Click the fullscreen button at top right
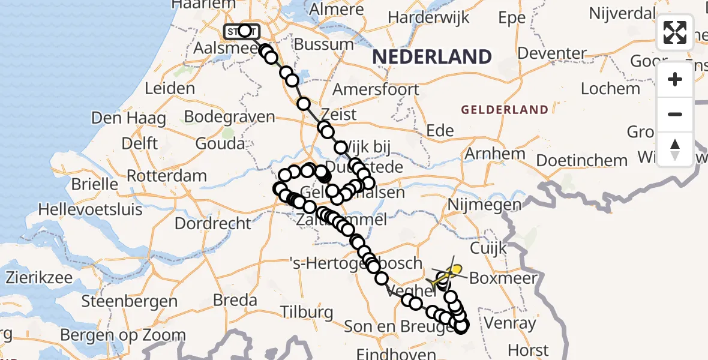(x=675, y=32)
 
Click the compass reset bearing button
(x=675, y=149)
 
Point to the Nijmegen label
(x=484, y=205)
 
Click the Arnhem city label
(x=495, y=154)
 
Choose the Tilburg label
(x=307, y=312)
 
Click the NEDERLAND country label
(x=432, y=58)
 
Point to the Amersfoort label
(x=376, y=89)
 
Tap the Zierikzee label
(x=40, y=278)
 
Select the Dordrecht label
(x=213, y=224)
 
